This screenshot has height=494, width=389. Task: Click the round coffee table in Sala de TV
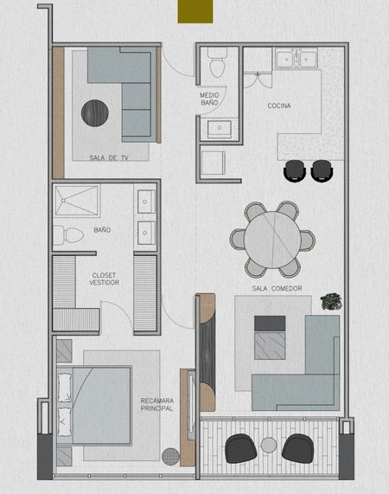point(95,113)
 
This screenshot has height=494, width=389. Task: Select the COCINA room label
point(279,106)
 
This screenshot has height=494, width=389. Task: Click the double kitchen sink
point(297,59)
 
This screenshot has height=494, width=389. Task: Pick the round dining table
point(272,240)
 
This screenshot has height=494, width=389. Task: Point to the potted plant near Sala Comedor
point(331,301)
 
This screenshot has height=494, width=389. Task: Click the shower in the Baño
point(76,201)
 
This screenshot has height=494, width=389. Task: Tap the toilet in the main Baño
point(68,235)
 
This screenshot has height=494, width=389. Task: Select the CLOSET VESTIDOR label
point(105,279)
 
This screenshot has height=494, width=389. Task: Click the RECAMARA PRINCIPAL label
point(156,405)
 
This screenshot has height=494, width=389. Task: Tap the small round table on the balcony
point(269,446)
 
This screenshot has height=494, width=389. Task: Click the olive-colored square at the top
point(195,11)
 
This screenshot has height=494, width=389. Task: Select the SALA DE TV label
point(109,157)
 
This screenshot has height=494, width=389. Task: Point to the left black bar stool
point(295,170)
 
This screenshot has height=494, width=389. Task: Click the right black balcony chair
point(297,448)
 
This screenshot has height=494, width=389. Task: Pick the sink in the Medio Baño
point(220,128)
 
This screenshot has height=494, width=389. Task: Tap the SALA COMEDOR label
point(277,288)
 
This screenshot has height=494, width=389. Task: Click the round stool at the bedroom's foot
point(170,456)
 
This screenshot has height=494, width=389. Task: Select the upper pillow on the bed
point(65,388)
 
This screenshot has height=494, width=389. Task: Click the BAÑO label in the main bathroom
point(102,229)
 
